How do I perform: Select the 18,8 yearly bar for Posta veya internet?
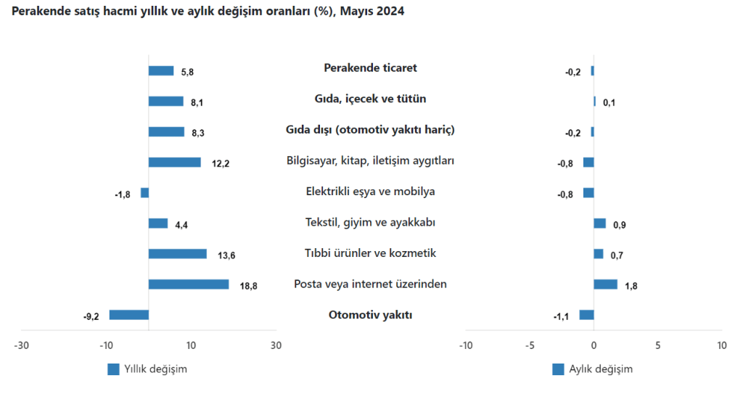point(189,284)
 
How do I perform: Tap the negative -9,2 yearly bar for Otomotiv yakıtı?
point(129,315)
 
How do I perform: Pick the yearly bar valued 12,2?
point(175,163)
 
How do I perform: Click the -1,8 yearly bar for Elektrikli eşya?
point(144,193)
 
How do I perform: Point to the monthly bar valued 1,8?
point(605,284)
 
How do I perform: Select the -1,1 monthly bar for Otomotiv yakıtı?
point(586,315)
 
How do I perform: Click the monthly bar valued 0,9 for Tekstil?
point(599,223)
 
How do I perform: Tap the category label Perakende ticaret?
point(370,68)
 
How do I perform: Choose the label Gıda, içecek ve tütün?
point(370,99)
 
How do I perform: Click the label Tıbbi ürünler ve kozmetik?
point(370,253)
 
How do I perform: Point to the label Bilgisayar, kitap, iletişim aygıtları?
point(370,160)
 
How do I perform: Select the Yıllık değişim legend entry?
point(147,369)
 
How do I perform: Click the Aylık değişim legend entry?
point(592,369)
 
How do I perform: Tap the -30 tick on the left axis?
point(22,345)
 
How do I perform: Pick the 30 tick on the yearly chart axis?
point(276,345)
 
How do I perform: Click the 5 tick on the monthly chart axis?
point(657,345)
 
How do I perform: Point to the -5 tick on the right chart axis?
point(530,345)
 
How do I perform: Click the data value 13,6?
point(226,255)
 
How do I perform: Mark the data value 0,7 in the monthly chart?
point(617,255)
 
